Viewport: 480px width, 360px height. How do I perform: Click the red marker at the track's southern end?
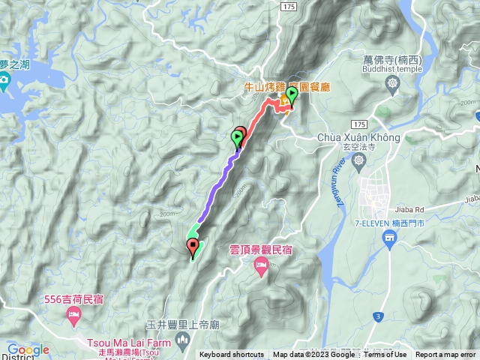(193, 245)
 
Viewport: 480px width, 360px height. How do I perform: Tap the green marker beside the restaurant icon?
(291, 95)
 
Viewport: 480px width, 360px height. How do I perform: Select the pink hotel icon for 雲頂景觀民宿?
(261, 264)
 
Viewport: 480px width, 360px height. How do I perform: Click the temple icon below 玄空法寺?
(361, 160)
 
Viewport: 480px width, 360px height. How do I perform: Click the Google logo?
(28, 349)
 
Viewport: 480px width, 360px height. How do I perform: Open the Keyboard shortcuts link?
(231, 355)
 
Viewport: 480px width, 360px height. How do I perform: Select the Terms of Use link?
(385, 355)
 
